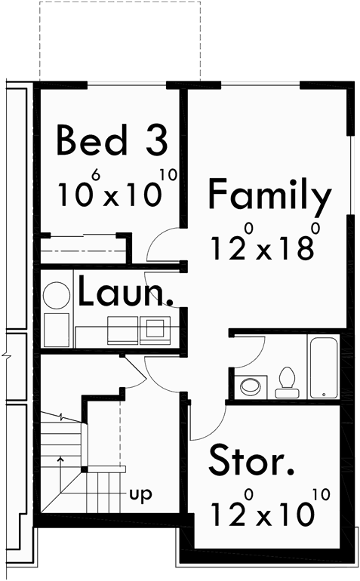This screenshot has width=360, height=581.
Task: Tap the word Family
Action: (269, 195)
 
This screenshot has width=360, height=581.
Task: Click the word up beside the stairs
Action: (141, 495)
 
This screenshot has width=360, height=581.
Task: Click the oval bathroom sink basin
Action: (249, 386)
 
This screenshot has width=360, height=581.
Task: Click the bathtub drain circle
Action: (323, 394)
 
